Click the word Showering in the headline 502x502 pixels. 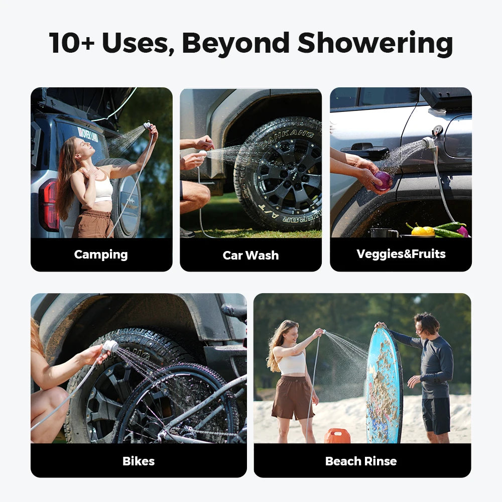(x=375, y=43)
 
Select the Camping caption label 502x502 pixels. (x=101, y=255)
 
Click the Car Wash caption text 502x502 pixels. (x=250, y=255)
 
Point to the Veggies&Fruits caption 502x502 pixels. (x=401, y=254)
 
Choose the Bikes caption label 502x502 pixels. (x=139, y=461)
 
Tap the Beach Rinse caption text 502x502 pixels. (x=361, y=461)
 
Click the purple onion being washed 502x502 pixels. (x=383, y=181)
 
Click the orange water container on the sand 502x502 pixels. (x=337, y=436)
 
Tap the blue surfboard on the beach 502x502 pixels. (x=384, y=387)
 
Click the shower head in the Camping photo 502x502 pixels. (x=147, y=125)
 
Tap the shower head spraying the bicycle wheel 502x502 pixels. (x=110, y=346)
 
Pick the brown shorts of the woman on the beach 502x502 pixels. (x=292, y=397)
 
